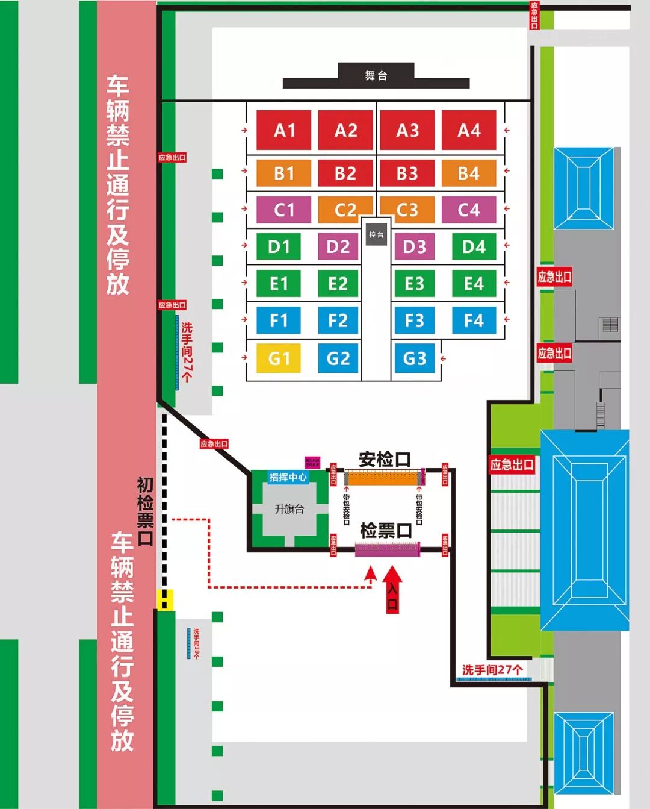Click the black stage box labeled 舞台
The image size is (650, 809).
[376, 75]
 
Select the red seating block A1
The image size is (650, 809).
[284, 130]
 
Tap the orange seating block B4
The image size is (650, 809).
[469, 173]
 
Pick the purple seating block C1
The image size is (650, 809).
[284, 210]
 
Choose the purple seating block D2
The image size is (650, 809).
[338, 246]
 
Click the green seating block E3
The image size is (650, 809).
[414, 283]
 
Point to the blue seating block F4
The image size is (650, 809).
[474, 320]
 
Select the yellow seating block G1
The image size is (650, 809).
[279, 358]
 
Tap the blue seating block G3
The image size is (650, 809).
[414, 358]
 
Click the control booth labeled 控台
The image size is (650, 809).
[376, 234]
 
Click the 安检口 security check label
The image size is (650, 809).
[385, 460]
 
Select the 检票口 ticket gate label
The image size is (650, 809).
[386, 531]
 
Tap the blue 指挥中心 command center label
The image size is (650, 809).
[288, 477]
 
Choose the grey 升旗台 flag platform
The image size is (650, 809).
[289, 509]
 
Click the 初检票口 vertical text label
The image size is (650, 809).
[145, 511]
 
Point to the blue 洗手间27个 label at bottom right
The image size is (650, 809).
[492, 669]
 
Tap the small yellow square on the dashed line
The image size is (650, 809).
[166, 600]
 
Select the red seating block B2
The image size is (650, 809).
[345, 173]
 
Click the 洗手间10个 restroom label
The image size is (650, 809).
[196, 643]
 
